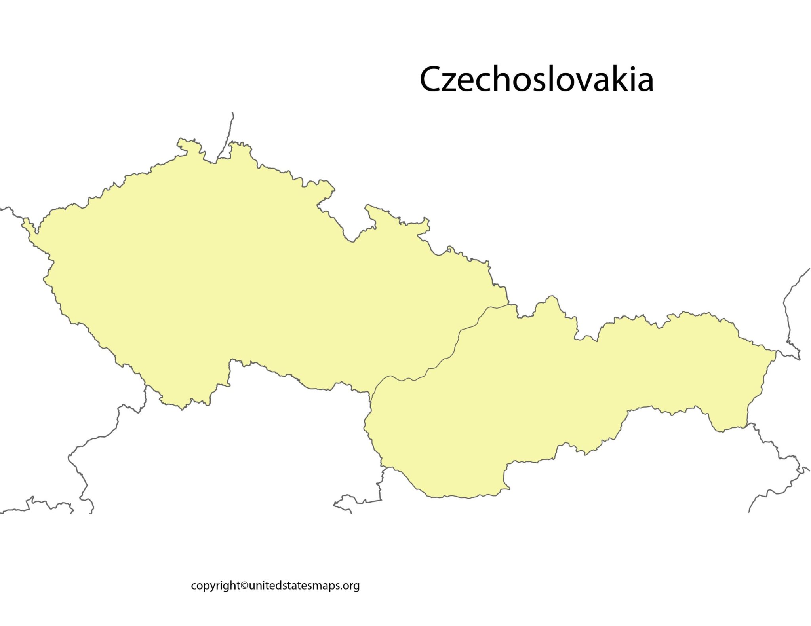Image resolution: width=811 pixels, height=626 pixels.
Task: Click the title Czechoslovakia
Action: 536,79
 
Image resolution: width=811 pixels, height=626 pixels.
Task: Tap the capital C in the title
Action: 431,79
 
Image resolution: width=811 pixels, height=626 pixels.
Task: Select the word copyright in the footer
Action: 215,586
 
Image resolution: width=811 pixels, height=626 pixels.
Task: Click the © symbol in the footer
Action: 244,585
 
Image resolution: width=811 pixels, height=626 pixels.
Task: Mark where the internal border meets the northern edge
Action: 508,304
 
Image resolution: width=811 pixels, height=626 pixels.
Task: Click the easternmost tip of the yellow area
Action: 775,351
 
